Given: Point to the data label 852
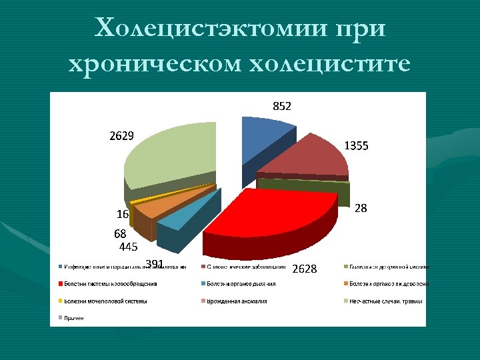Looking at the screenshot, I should point(281,106).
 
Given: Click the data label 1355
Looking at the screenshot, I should point(356,145).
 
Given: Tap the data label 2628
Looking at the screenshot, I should point(305,269).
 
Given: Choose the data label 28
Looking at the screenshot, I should point(361,208).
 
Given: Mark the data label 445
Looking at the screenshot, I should point(128,247).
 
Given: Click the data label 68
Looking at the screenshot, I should point(120,234).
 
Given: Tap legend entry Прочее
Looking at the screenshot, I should point(74,317).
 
